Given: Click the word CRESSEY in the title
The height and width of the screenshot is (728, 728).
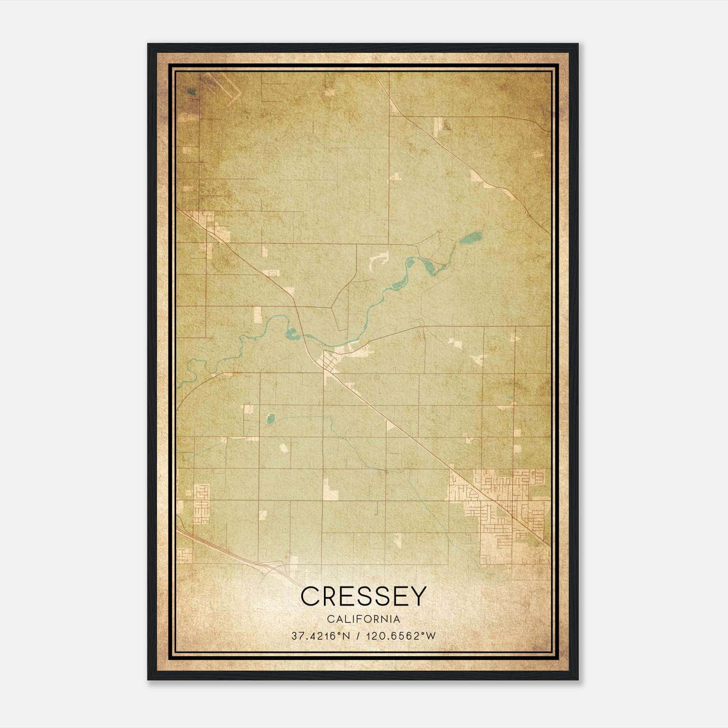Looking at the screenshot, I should (364, 596).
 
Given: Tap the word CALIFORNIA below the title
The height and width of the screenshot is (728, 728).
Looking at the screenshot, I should (364, 619).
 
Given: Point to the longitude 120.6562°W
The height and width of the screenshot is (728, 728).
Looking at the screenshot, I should (400, 636).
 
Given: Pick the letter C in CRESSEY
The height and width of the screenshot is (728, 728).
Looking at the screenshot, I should (310, 596).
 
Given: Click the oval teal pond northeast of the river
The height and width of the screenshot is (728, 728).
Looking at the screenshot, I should (470, 238).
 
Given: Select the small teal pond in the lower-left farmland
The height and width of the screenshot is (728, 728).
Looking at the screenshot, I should (270, 418).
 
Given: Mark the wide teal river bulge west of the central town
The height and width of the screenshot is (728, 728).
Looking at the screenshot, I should (292, 336).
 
